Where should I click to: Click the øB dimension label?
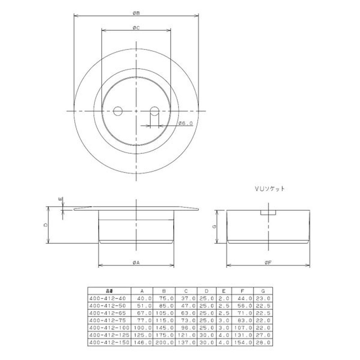tap(135, 13)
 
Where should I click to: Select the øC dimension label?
tap(135, 28)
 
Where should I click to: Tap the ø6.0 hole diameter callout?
tap(185, 123)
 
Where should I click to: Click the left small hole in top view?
tap(118, 111)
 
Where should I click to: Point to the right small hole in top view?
tap(154, 111)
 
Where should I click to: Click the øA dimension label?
tap(135, 261)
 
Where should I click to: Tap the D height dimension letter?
tap(45, 224)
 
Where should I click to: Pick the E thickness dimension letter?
tap(59, 198)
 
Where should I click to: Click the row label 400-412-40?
tap(108, 298)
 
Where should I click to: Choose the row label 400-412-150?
tap(109, 342)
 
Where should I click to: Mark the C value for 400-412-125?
tap(186, 335)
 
